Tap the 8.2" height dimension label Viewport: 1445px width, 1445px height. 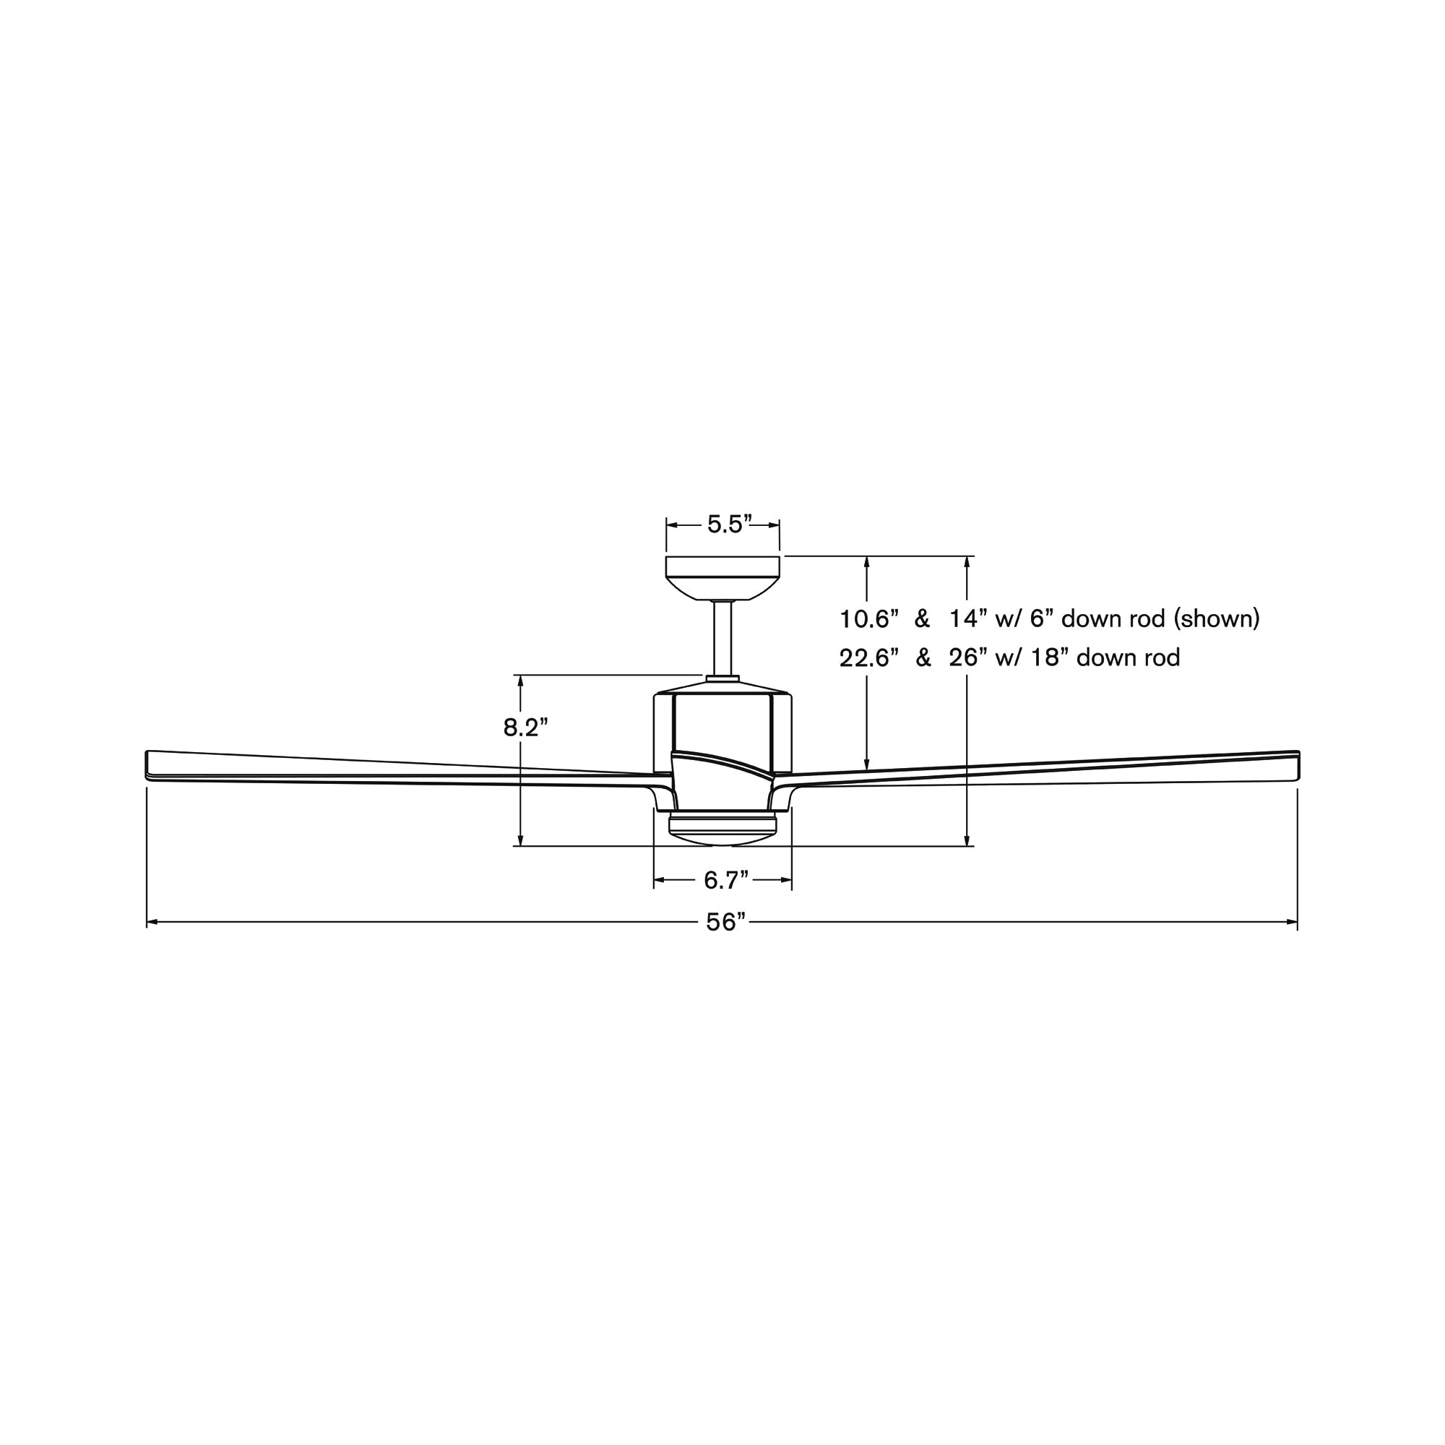pyautogui.click(x=526, y=727)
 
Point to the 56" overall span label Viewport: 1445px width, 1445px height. pyautogui.click(x=726, y=922)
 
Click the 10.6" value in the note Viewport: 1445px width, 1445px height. pyautogui.click(x=868, y=619)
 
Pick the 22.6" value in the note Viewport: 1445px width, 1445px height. pyautogui.click(x=868, y=658)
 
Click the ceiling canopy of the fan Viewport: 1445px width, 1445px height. pyautogui.click(x=722, y=578)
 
